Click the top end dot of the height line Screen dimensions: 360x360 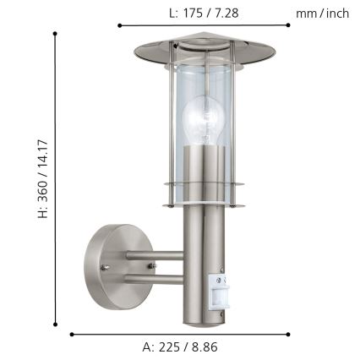click(56, 34)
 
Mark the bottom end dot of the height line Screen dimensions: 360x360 click(56, 324)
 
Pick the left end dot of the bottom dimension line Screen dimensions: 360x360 click(71, 334)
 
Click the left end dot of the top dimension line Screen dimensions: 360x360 click(118, 26)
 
